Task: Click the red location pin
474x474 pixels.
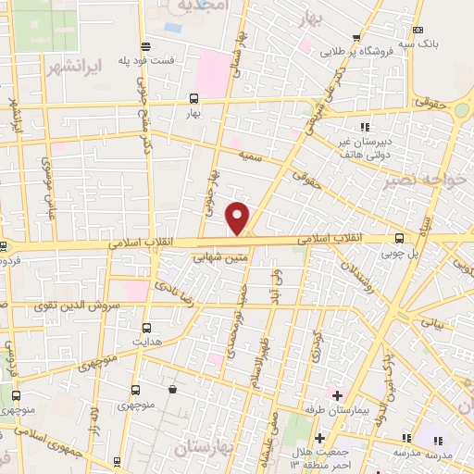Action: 239,217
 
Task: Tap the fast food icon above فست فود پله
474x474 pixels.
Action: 143,46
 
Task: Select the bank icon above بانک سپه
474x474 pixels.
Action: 418,30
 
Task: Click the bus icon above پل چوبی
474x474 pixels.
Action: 399,237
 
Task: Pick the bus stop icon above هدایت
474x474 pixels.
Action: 147,327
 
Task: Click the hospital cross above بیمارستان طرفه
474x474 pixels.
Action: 338,395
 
